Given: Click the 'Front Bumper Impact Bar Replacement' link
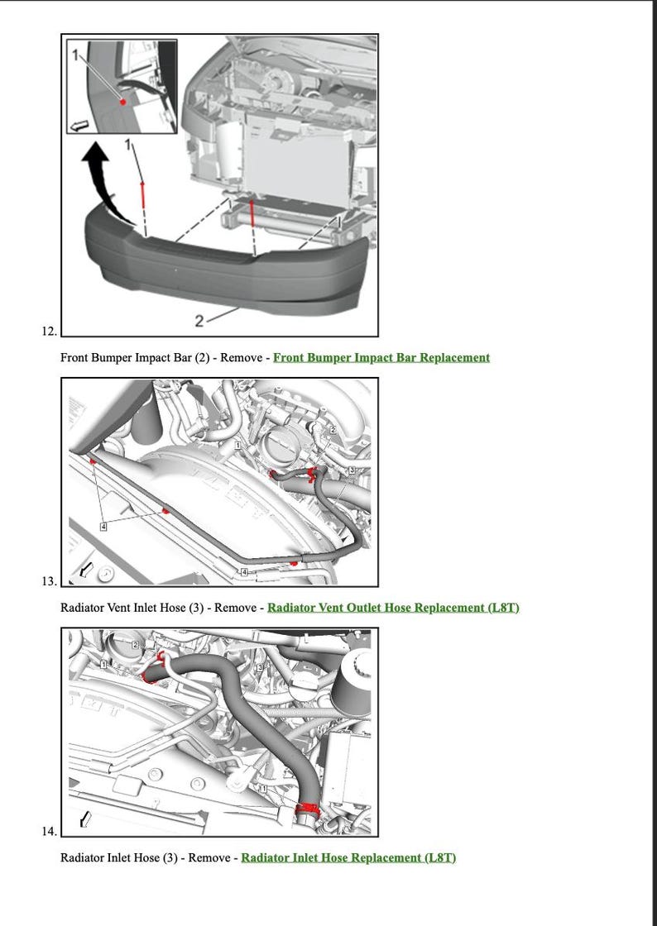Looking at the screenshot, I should tap(381, 358).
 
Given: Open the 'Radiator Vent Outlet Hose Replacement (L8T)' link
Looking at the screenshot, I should tap(393, 608).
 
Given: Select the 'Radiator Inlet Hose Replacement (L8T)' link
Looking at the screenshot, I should tap(348, 857).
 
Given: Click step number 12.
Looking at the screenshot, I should tap(49, 332).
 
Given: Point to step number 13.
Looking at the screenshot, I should tap(49, 581).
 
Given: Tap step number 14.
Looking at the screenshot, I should tap(49, 831).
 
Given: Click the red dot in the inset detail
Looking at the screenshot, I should tap(122, 102).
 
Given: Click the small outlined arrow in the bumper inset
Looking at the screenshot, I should tap(80, 126).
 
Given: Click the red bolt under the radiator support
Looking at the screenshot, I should tap(252, 211).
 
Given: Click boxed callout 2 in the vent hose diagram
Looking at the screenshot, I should tap(333, 430).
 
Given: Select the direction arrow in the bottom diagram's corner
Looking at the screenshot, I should tap(84, 819).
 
